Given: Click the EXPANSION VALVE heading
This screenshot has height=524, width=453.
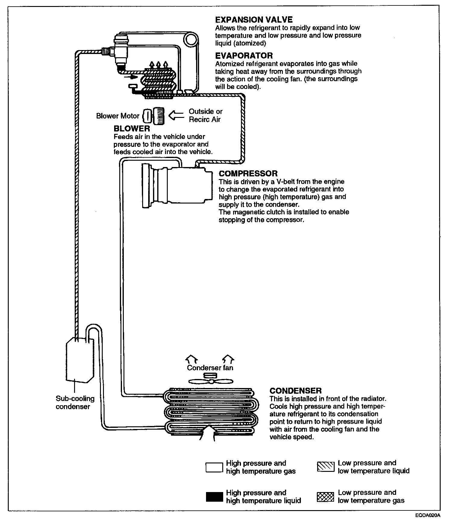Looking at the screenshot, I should (x=254, y=20).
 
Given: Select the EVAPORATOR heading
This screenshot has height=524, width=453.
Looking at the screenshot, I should (x=244, y=55).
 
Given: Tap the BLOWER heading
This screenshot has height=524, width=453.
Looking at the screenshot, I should (x=132, y=129).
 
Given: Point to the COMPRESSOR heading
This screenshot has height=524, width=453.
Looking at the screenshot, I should (x=248, y=173).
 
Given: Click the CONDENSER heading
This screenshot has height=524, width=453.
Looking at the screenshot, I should (x=295, y=391).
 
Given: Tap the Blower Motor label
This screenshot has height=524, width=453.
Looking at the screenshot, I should (x=118, y=116).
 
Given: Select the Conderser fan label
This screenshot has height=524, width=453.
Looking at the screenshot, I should (x=210, y=368).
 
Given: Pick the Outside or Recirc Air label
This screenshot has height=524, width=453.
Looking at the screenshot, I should (x=205, y=115).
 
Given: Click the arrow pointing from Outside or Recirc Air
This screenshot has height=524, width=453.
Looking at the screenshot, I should (x=176, y=115).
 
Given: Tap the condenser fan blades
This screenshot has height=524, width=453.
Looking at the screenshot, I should (x=211, y=382).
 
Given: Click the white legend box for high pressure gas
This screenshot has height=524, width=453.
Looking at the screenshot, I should (x=214, y=467).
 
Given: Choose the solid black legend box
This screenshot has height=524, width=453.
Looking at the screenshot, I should (x=214, y=497).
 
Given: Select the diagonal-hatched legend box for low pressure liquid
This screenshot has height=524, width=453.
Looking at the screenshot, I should (x=326, y=467).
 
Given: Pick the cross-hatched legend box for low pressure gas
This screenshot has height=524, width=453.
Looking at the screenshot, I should (x=326, y=497).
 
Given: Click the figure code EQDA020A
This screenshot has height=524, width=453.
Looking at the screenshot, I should (x=428, y=515).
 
